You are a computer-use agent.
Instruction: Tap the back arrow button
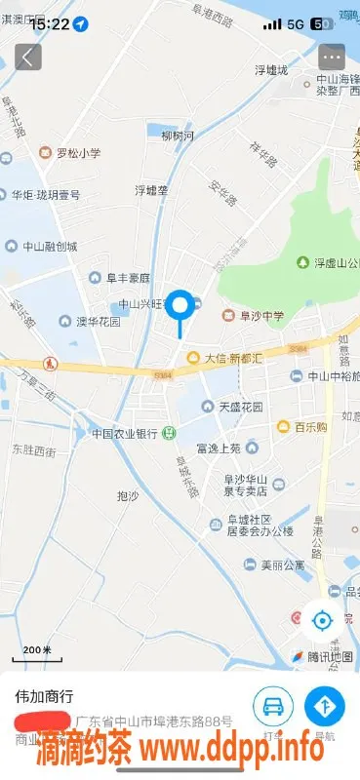(27, 57)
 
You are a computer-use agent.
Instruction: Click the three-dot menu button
(332, 57)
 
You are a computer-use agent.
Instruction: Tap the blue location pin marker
(180, 306)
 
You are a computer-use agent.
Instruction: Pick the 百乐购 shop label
(303, 426)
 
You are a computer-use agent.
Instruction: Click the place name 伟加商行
(42, 697)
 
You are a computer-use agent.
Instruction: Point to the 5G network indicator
(296, 23)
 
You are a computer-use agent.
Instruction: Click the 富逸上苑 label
(218, 448)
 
